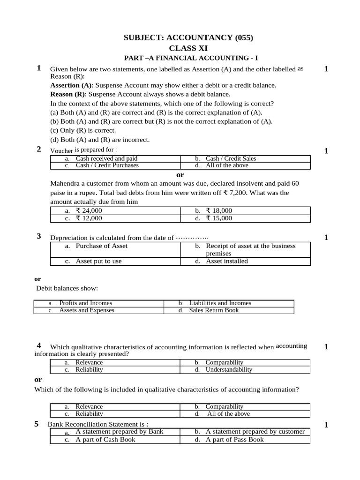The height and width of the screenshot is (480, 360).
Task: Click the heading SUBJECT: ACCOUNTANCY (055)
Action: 191,38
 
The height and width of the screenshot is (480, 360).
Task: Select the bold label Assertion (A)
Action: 71,85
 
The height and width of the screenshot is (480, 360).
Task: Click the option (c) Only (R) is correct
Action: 83,130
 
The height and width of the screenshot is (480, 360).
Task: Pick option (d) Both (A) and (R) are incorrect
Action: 100,139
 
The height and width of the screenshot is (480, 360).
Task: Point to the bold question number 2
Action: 39,149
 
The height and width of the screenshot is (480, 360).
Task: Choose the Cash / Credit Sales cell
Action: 231,158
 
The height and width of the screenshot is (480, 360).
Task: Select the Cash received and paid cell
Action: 106,158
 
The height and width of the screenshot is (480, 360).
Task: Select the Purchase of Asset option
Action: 101,246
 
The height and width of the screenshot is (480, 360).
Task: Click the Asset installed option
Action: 227,261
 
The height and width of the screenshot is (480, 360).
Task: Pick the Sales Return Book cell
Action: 214,310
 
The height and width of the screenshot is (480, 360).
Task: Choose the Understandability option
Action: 229,369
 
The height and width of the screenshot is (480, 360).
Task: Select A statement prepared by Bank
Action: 119,431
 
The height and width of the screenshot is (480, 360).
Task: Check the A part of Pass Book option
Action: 234,439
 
